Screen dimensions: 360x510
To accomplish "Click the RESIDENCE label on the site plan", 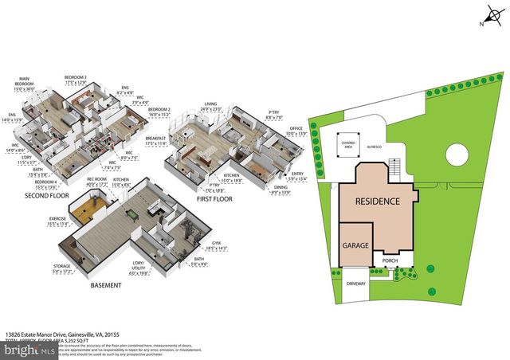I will tap(377, 202).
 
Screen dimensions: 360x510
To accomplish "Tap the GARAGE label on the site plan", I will tap(356, 246).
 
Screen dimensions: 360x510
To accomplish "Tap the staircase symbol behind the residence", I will tap(394, 168).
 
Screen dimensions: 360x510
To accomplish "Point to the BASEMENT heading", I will tap(105, 285).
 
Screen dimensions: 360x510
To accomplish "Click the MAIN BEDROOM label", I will tap(25, 84).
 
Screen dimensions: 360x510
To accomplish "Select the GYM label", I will tap(217, 243).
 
